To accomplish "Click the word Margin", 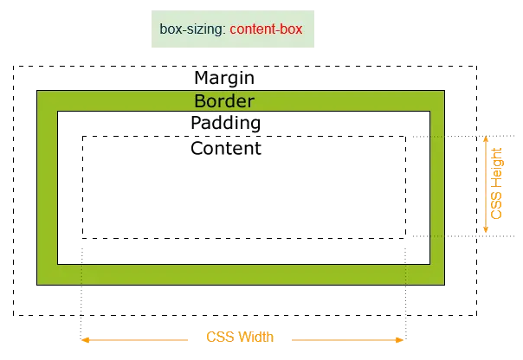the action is tap(224, 78).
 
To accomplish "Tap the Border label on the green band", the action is tap(224, 101).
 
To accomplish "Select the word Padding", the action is tap(226, 123).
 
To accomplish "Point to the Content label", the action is tap(226, 148).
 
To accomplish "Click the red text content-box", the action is tap(266, 29).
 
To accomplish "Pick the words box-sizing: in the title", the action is tap(193, 29).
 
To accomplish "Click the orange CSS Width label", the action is tap(240, 337).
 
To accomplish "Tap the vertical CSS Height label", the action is tap(496, 183).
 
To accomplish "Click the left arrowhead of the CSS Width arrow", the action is tap(86, 340).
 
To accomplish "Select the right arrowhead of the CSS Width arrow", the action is tap(399, 340).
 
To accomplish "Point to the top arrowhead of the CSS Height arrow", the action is tap(486, 139).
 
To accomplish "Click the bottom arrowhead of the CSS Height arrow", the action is tap(486, 228).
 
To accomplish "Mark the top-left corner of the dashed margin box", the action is tap(14, 67).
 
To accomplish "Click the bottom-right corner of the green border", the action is tap(444, 285).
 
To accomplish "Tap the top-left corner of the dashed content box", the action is tap(82, 137).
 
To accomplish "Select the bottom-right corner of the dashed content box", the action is tap(405, 238).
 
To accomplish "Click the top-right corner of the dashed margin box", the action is tap(476, 67).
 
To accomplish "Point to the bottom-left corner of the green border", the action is tap(36, 285).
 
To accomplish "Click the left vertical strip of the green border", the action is tap(47, 188).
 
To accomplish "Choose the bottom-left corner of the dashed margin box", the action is tap(14, 315).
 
